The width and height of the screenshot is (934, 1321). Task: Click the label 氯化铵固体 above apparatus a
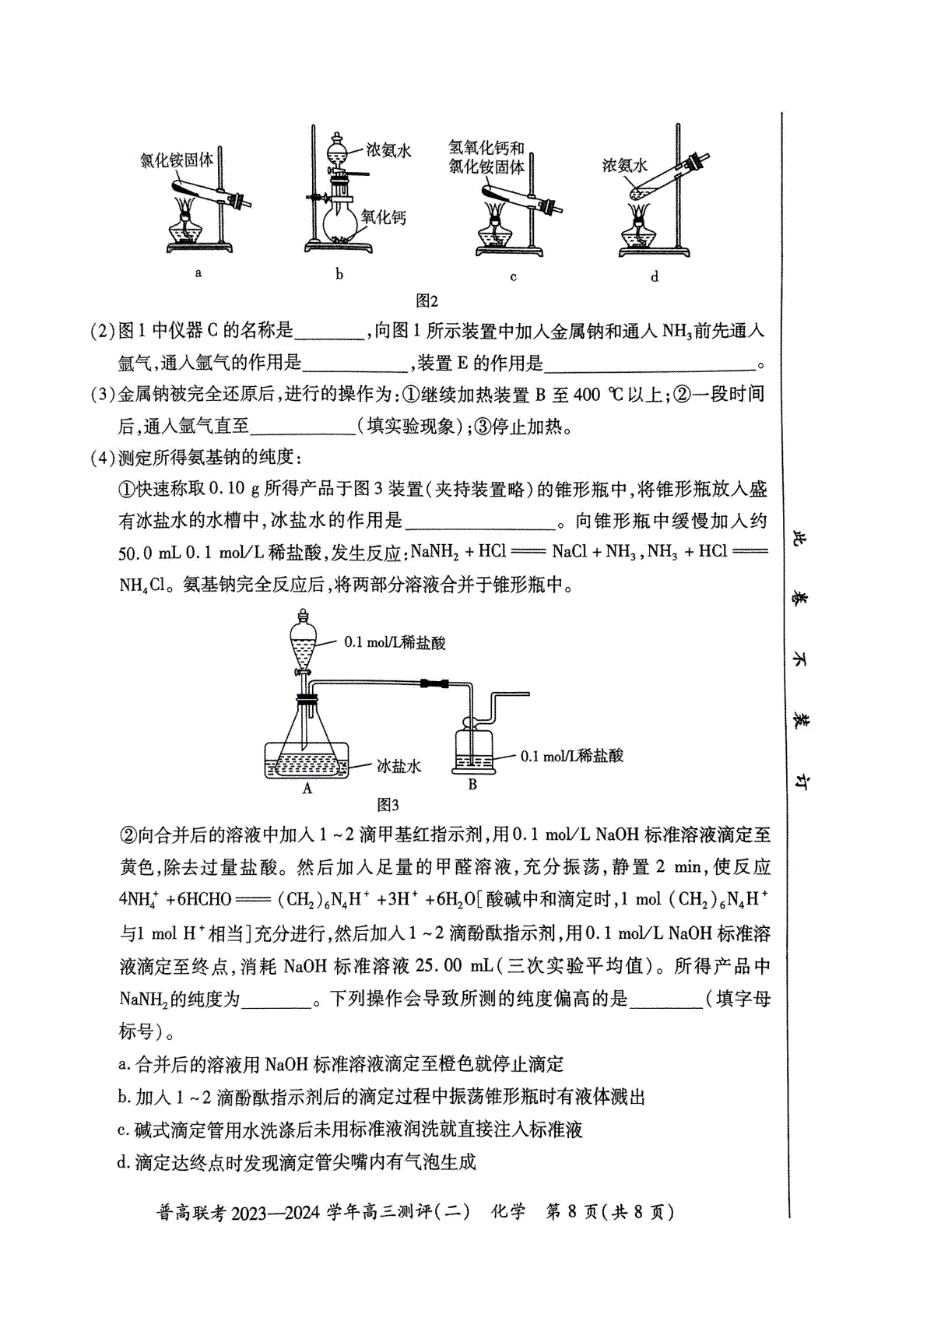[x=177, y=160]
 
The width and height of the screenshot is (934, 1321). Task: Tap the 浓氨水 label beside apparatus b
[x=388, y=150]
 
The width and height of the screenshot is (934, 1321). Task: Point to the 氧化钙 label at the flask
[x=384, y=218]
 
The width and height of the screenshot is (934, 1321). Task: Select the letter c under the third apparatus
[x=514, y=276]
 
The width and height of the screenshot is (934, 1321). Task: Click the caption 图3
[x=388, y=805]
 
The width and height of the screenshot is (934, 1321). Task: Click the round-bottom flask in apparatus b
[x=341, y=222]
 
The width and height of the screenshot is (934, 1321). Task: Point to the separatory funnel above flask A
[x=304, y=641]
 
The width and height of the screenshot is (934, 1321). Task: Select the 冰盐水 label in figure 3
[x=399, y=766]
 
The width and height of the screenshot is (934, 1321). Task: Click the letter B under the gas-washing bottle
[x=472, y=785]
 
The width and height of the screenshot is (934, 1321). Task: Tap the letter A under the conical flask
[x=307, y=789]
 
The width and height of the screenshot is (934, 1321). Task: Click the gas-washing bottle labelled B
[x=473, y=749]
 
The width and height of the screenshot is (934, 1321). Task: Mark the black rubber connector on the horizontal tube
[x=434, y=684]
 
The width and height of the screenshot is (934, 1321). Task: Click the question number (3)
[x=104, y=394]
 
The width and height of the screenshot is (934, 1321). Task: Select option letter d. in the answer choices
[x=124, y=1162]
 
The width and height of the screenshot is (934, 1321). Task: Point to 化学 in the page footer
[x=507, y=1212]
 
